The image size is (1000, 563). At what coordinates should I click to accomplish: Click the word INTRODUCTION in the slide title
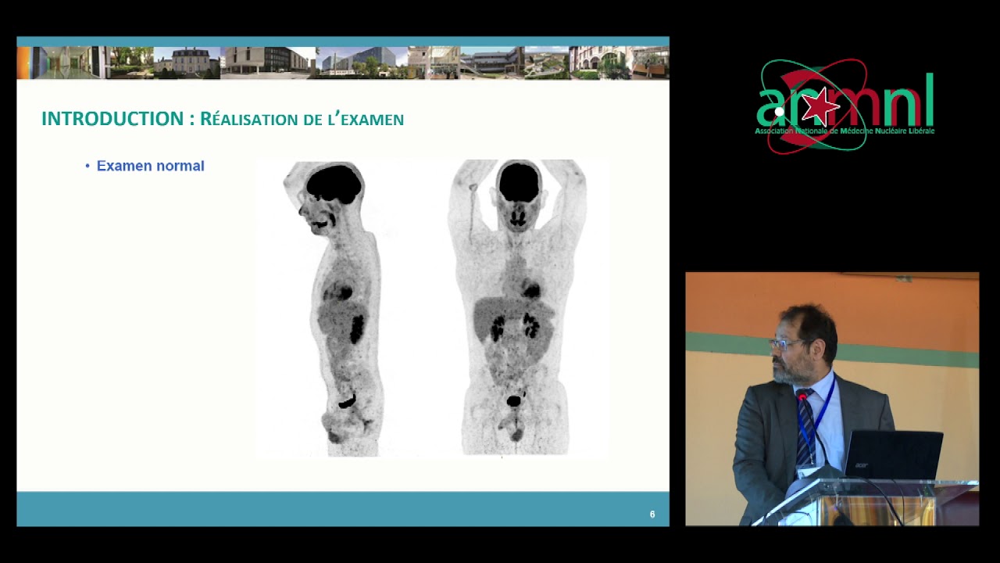[112, 119]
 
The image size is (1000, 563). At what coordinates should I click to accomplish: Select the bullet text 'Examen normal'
[150, 166]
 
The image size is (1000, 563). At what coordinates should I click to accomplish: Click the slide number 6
[652, 515]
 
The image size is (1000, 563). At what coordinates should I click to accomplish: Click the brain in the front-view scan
[519, 181]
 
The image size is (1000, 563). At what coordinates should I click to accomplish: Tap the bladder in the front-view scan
[513, 401]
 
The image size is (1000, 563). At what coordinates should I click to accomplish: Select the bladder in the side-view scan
[346, 403]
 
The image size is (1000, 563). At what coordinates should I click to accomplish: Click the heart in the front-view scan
[531, 291]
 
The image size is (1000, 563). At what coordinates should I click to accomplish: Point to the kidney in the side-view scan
[357, 328]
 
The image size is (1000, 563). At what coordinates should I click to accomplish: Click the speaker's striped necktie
[805, 426]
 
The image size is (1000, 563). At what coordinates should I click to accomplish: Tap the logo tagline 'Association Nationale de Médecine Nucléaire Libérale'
[845, 131]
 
